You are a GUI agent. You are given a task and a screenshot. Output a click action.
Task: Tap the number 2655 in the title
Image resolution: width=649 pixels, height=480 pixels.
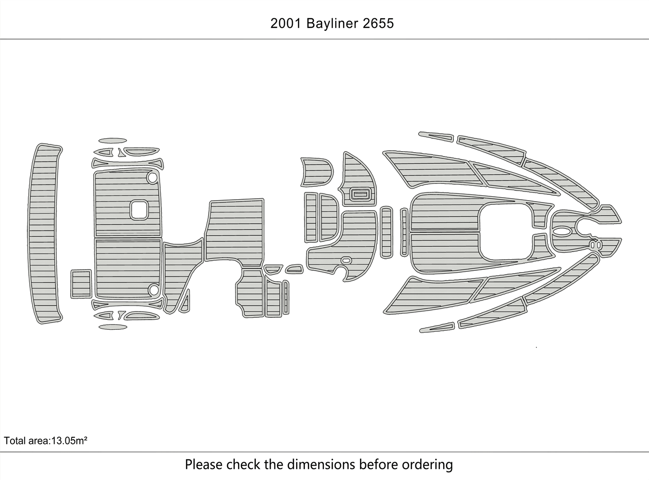(x=378, y=23)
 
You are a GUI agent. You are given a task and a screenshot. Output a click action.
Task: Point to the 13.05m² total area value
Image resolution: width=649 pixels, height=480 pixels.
(x=68, y=440)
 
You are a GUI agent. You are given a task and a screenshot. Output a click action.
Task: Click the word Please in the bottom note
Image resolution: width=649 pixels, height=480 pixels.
(x=203, y=465)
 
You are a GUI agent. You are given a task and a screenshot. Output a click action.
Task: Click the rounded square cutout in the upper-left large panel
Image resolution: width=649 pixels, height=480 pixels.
(x=139, y=209)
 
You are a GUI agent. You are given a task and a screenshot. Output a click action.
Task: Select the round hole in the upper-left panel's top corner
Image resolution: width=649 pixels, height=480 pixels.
(x=152, y=178)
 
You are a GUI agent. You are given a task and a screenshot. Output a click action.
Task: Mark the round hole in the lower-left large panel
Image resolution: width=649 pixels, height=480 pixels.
(x=153, y=289)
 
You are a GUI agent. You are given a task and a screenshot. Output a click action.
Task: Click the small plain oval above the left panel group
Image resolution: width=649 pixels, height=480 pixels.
(x=113, y=141)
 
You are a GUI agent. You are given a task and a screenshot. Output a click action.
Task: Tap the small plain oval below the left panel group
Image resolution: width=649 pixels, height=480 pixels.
(x=113, y=327)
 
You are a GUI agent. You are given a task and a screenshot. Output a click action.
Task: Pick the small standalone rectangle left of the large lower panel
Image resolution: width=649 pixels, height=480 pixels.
(x=81, y=283)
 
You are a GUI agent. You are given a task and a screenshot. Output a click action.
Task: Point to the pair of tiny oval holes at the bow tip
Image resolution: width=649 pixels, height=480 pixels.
(x=595, y=245)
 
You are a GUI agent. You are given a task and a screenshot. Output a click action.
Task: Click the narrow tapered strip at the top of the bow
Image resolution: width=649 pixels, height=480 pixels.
(x=436, y=136)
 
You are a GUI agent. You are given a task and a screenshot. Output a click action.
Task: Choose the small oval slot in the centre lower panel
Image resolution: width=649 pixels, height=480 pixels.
(x=346, y=260)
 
